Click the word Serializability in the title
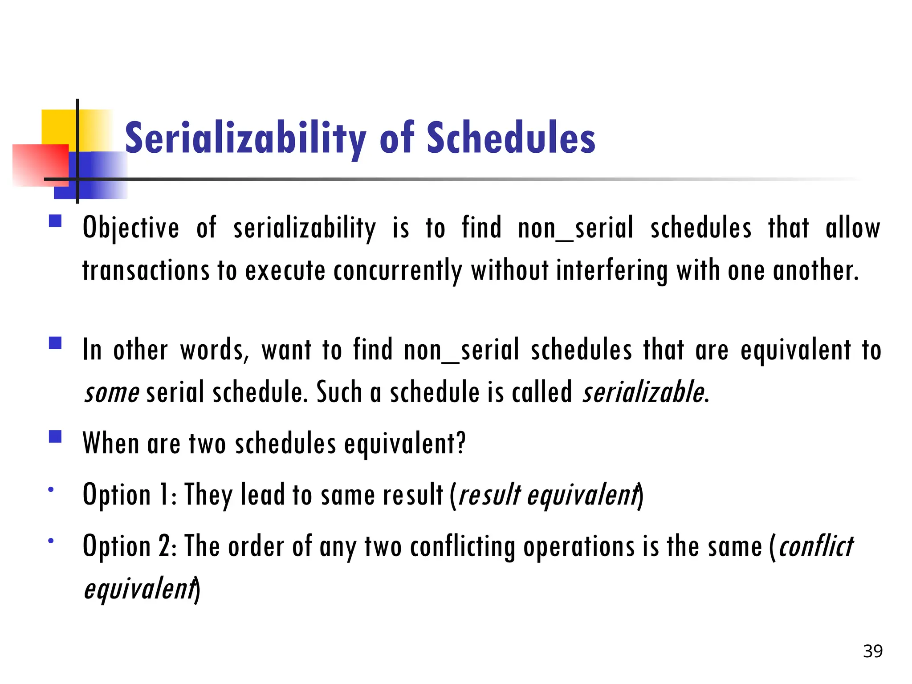[245, 139]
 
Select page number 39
[872, 651]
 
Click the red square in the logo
[40, 165]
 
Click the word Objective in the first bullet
[131, 228]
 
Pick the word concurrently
[398, 271]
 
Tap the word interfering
[612, 271]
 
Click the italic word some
[112, 393]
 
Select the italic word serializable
[643, 392]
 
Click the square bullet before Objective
[55, 221]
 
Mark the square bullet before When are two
[55, 436]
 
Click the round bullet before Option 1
[51, 489]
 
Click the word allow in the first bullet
[852, 228]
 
